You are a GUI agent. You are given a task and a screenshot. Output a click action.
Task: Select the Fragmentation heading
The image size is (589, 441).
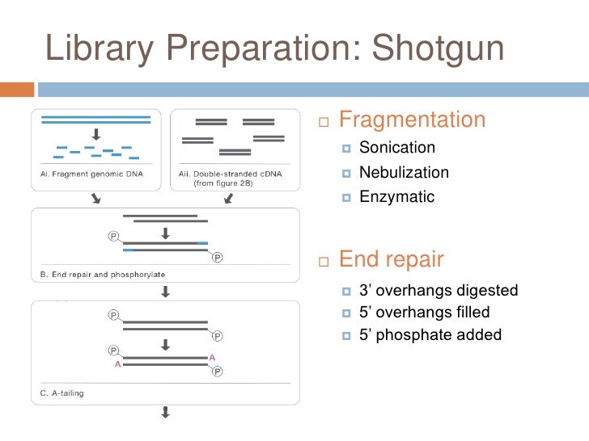click(412, 120)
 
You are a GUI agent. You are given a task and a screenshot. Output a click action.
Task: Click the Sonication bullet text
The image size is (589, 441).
click(397, 148)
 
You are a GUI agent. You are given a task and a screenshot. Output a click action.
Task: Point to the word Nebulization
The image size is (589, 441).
click(404, 172)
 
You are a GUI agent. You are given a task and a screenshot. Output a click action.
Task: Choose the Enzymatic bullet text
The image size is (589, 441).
click(396, 196)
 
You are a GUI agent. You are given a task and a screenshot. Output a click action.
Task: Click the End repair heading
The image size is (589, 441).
click(391, 259)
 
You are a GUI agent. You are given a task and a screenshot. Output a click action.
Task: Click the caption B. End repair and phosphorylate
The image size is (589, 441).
click(103, 275)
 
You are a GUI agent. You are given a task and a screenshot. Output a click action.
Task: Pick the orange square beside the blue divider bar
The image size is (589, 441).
click(17, 89)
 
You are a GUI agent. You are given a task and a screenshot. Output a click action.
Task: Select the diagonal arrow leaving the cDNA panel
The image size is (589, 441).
click(229, 199)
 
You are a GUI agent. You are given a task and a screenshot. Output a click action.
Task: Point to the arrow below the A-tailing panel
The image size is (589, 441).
click(165, 413)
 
